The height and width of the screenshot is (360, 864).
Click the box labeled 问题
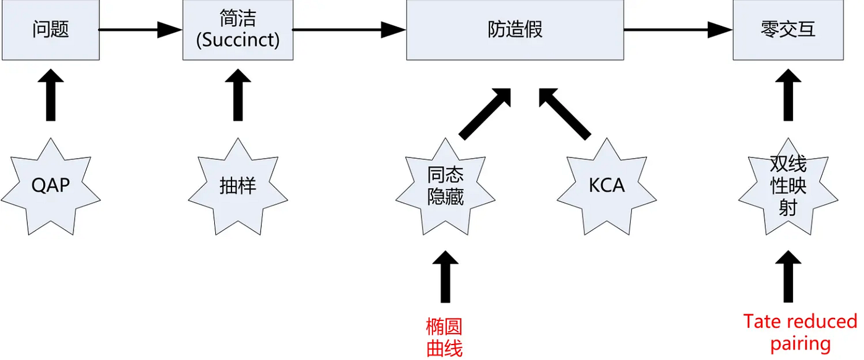51,30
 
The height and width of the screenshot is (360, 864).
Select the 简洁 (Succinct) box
238,30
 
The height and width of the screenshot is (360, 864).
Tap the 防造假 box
515,30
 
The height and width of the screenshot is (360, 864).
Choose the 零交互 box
788,30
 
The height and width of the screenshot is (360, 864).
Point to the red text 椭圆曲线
444,338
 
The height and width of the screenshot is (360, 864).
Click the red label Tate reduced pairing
800,333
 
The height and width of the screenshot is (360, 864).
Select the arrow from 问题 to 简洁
141,30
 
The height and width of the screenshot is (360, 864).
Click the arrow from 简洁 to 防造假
349,30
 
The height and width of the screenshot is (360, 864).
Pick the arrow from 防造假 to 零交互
678,30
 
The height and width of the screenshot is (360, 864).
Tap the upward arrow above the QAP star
51,95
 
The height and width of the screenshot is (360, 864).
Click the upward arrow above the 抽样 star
238,95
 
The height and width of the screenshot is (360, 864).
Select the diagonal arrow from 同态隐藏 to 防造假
485,114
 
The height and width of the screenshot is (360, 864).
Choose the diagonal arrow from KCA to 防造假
565,114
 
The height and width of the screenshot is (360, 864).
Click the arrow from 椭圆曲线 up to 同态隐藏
445,276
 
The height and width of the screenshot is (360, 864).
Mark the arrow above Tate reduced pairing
788,276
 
